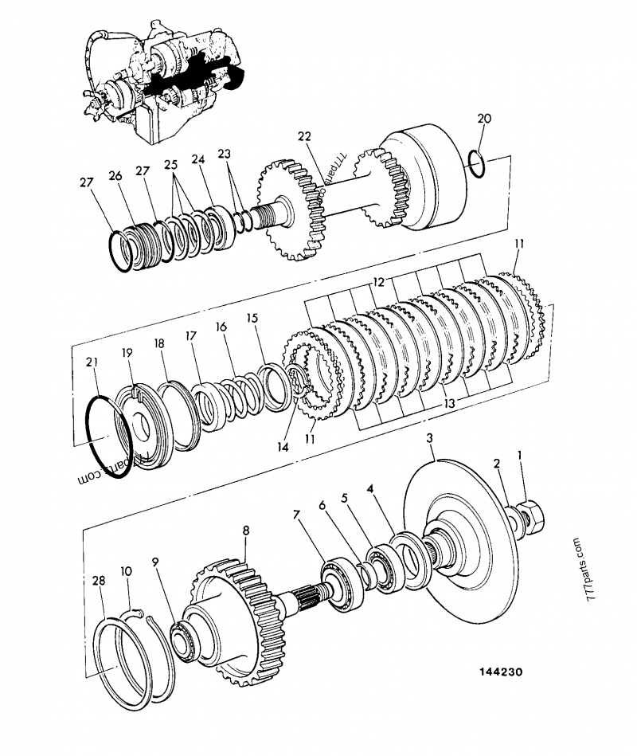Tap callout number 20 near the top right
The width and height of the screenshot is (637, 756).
point(484,119)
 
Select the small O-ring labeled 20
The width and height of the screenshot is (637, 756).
point(476,164)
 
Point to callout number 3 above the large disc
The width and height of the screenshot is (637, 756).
point(429,439)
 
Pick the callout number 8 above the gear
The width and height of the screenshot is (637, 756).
point(246,529)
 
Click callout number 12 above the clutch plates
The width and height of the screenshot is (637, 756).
point(378,282)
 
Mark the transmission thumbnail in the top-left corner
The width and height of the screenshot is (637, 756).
point(159,84)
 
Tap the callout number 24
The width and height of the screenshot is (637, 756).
point(197,159)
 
